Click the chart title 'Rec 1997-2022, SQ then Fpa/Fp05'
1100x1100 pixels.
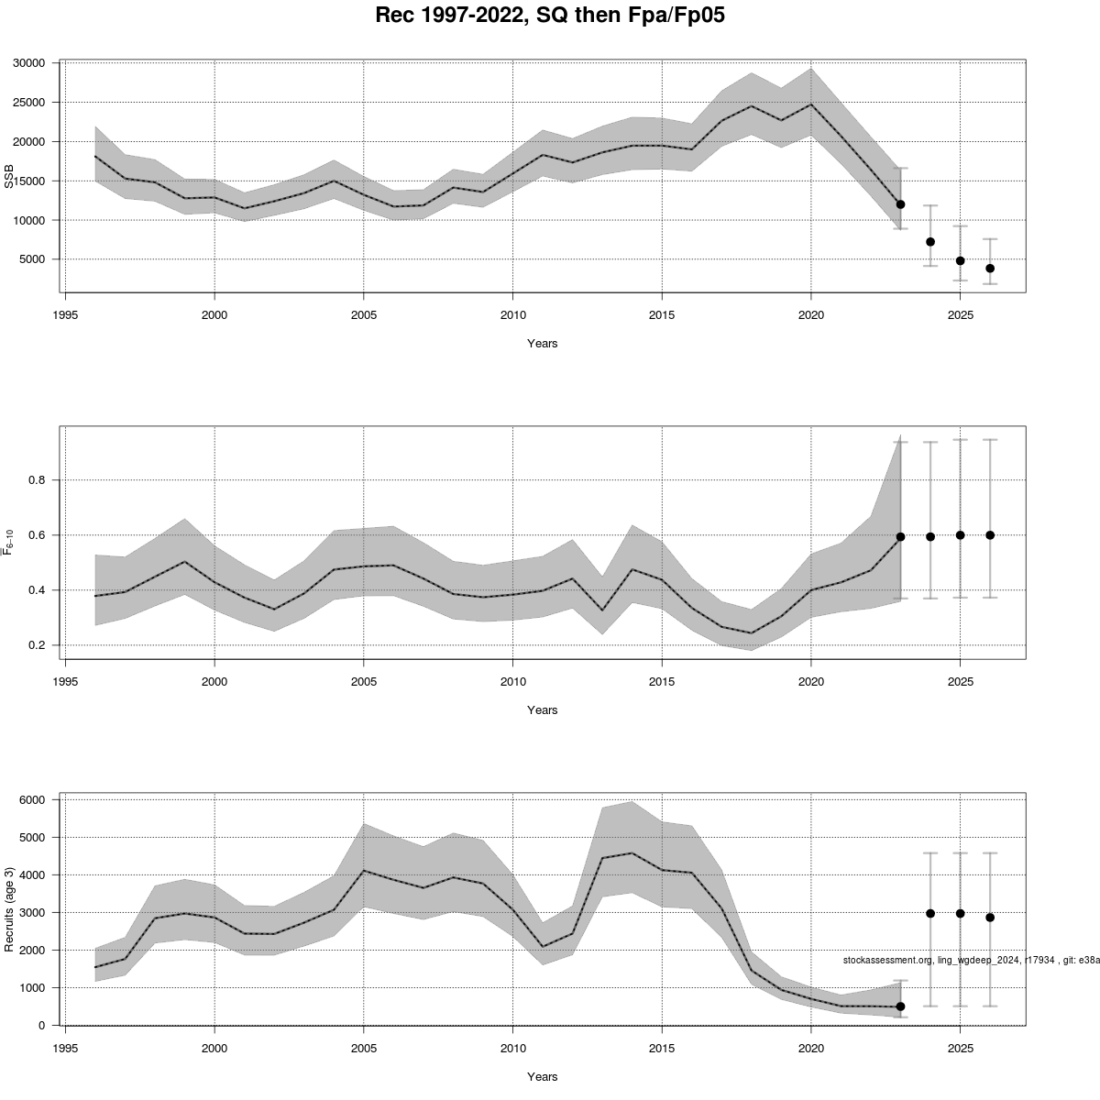coord(550,16)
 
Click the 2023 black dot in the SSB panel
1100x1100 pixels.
coord(900,204)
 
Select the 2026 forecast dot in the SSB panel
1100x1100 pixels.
coord(990,269)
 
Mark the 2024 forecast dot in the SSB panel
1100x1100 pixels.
coord(930,242)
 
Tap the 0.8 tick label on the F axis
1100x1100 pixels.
coord(38,480)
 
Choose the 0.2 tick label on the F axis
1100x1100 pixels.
coord(38,645)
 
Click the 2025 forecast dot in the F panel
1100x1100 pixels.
coord(960,534)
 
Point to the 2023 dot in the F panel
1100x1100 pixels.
coord(900,537)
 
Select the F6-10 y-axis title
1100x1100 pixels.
coord(10,542)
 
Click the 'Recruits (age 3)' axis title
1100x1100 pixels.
coord(10,908)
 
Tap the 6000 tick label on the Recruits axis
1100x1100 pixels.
coord(32,800)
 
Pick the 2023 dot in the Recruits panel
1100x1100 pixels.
coord(900,1006)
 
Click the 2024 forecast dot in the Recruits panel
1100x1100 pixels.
coord(930,913)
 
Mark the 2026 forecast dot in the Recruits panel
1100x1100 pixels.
coord(990,917)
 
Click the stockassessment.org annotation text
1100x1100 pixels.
coord(970,960)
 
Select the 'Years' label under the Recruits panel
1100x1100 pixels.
coord(542,1077)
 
